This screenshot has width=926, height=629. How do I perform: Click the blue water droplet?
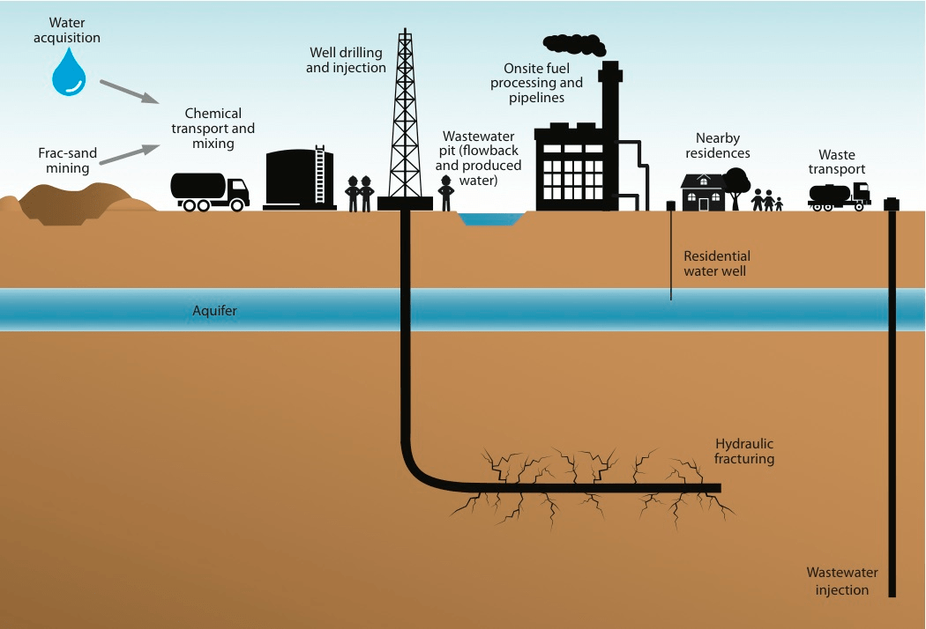pyautogui.click(x=68, y=74)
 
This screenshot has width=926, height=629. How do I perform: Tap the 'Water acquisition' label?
pyautogui.click(x=75, y=30)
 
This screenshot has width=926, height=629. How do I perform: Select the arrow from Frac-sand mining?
pyautogui.click(x=123, y=155)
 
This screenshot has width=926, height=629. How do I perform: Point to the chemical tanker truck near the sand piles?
pyautogui.click(x=209, y=190)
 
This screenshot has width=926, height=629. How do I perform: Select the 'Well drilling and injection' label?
pyautogui.click(x=347, y=61)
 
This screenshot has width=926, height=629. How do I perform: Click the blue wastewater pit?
pyautogui.click(x=491, y=218)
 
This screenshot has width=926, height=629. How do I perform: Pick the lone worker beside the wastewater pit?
pyautogui.click(x=446, y=193)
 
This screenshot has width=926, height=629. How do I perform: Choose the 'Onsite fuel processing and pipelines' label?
pyautogui.click(x=543, y=83)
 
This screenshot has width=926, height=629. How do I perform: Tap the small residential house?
pyautogui.click(x=703, y=192)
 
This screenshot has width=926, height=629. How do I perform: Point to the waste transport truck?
pyautogui.click(x=839, y=196)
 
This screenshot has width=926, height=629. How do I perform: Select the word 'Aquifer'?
pyautogui.click(x=215, y=311)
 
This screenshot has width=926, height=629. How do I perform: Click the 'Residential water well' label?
pyautogui.click(x=717, y=263)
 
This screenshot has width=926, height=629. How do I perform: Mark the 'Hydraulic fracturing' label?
pyautogui.click(x=745, y=451)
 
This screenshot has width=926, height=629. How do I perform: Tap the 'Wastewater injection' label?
pyautogui.click(x=842, y=581)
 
